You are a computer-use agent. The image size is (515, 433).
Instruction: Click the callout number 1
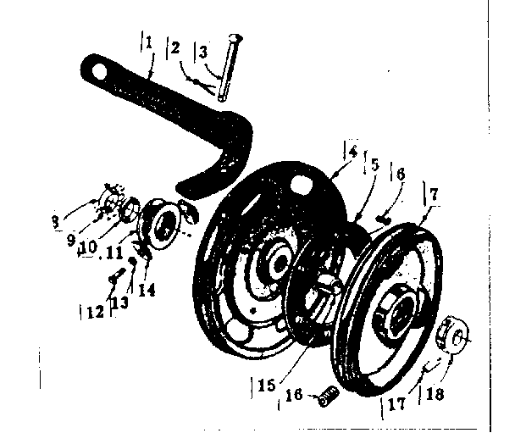click(149, 42)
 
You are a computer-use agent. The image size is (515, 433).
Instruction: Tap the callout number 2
click(175, 47)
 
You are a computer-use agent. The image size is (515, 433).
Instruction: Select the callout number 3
click(203, 53)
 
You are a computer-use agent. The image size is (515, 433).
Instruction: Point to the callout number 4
click(352, 153)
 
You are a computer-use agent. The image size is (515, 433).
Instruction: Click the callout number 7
click(435, 195)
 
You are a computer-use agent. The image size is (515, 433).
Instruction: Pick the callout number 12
click(96, 312)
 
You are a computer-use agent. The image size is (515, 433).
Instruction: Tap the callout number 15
click(266, 385)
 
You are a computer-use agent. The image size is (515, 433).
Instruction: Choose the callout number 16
click(294, 394)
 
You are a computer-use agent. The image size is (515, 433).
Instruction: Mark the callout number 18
click(435, 393)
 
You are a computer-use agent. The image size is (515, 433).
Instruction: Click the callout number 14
click(147, 290)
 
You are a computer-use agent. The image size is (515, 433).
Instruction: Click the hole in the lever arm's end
click(99, 72)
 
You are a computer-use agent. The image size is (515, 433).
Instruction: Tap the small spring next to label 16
click(329, 397)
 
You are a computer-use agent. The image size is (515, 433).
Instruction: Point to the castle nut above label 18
click(452, 335)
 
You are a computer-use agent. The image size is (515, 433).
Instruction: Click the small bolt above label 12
click(117, 275)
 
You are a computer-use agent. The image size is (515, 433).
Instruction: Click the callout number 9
click(72, 240)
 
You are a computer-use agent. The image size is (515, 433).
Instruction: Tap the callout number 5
click(374, 165)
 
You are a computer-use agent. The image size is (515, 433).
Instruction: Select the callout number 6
click(400, 175)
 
